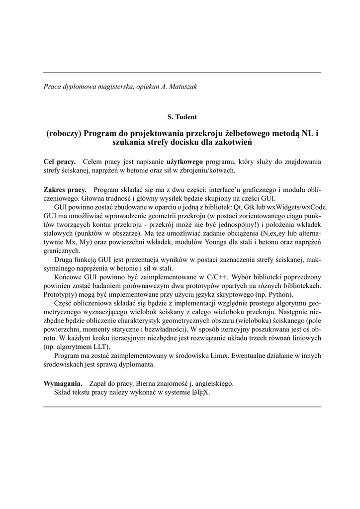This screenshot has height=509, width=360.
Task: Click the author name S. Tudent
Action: click(x=182, y=117)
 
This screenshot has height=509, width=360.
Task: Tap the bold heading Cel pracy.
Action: click(x=60, y=162)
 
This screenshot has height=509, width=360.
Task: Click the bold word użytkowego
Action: click(x=185, y=162)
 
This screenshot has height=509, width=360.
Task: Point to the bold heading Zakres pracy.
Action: click(x=65, y=190)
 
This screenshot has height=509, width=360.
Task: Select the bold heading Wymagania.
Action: click(x=63, y=383)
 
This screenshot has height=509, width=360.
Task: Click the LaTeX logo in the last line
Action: click(x=201, y=392)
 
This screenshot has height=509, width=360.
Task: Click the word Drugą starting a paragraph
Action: click(x=64, y=259)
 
